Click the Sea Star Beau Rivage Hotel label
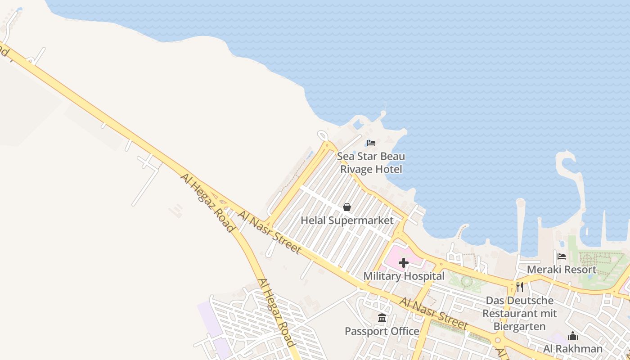pos(371,163)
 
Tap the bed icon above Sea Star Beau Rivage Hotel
pos(371,143)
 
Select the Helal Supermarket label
pos(347,220)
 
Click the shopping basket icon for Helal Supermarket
pos(347,207)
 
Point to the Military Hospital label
pos(404,276)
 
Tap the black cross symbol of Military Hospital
pos(404,263)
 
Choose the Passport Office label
pos(382,332)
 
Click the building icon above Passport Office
pos(382,319)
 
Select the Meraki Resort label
pos(562,270)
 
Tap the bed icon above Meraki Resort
pos(562,256)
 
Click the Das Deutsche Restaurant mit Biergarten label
pos(520,313)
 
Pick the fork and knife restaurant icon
pos(520,287)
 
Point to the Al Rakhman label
pos(572,349)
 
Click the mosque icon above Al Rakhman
pos(572,336)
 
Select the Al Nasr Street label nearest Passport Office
pos(433,314)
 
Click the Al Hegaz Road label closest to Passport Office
pos(276,312)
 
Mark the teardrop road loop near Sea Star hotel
pos(322,135)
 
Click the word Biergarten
pos(520,326)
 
